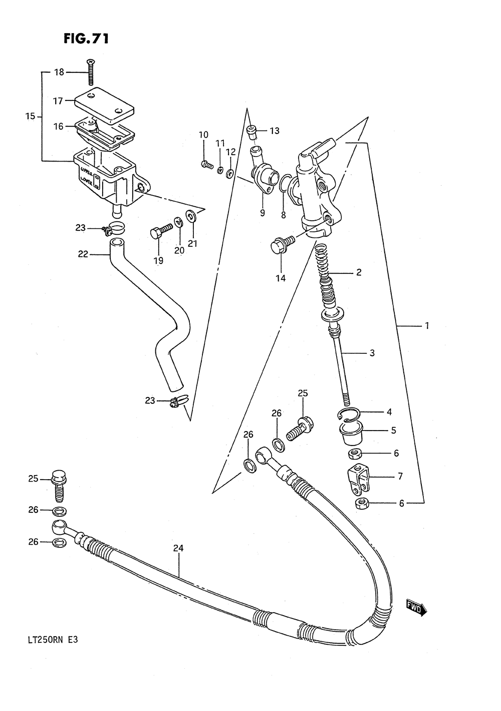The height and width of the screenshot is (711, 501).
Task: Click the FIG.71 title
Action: pyautogui.click(x=86, y=39)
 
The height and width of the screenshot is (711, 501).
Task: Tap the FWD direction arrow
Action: pyautogui.click(x=416, y=609)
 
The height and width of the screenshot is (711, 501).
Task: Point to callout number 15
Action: pyautogui.click(x=30, y=116)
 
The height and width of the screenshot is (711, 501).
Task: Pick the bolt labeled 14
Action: pyautogui.click(x=281, y=245)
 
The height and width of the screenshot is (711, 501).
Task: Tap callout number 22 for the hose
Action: pyautogui.click(x=83, y=254)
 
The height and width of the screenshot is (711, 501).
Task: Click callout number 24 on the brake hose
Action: pyautogui.click(x=178, y=548)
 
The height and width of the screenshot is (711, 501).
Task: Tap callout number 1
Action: pyautogui.click(x=427, y=326)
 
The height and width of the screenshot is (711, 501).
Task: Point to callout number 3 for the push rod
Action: pyautogui.click(x=372, y=353)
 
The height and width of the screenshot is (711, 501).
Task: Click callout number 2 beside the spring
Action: pyautogui.click(x=358, y=273)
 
